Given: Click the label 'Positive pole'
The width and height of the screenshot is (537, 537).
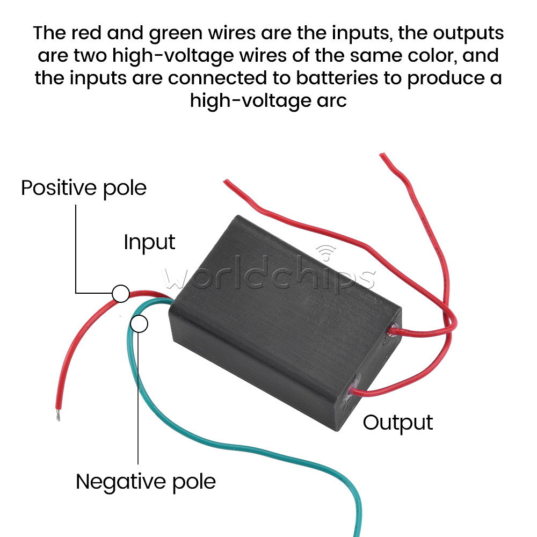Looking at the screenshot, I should tap(83, 188).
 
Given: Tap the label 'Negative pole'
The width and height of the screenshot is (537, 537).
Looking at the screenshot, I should tap(146, 481).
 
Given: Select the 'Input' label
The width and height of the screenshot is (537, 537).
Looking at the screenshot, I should tap(149, 242).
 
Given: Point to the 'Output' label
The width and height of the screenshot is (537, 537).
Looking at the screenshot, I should tap(397, 423).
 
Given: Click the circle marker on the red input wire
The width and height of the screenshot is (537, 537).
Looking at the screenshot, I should tap(121, 294).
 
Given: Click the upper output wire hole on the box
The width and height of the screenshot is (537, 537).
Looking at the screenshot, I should tap(394, 329).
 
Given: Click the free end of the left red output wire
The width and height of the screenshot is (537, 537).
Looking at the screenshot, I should tap(225, 183).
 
